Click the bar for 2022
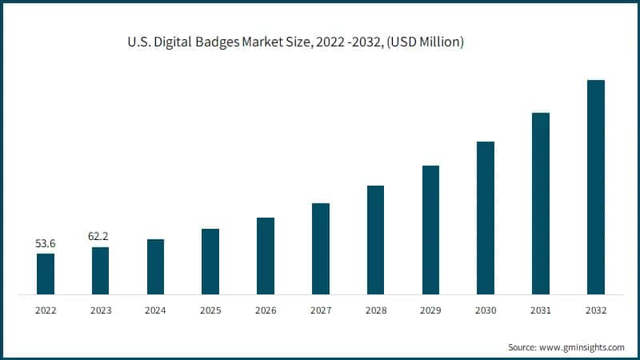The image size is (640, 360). coord(46,274)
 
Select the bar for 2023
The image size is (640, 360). coord(100,270)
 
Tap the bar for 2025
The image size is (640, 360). coord(210,262)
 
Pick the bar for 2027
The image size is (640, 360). coord(321,249)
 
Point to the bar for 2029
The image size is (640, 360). coord(430,230)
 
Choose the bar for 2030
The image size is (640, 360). coord(486,218)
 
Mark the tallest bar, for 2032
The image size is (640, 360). coord(596,187)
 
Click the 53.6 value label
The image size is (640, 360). coord(46,243)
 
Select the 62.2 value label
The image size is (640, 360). coord(100,237)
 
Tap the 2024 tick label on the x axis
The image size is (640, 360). coord(155,310)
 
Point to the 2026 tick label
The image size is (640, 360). coord(266,310)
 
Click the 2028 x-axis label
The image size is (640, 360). coord(375,310)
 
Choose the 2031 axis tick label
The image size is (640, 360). coord(541,310)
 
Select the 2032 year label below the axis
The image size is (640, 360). coord(596,310)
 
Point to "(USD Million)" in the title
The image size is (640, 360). coord(425,41)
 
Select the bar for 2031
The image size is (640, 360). coord(541,203)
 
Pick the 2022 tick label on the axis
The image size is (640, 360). coord(46,310)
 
